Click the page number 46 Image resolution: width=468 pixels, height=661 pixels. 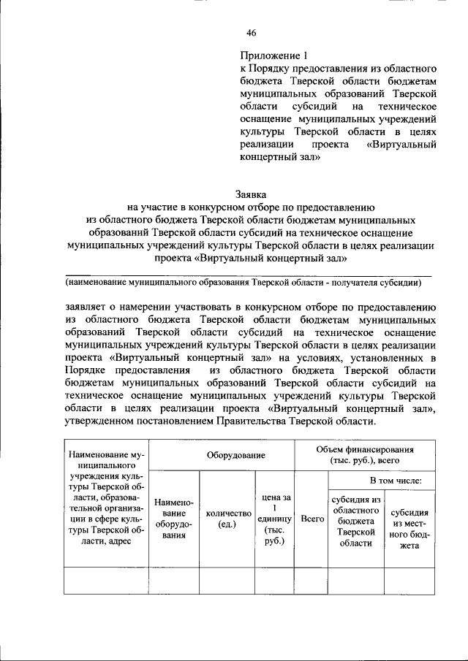252,31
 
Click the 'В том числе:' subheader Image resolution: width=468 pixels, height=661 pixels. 400,481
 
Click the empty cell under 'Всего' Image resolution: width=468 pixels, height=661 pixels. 312,580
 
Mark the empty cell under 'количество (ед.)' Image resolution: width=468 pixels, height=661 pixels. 226,580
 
